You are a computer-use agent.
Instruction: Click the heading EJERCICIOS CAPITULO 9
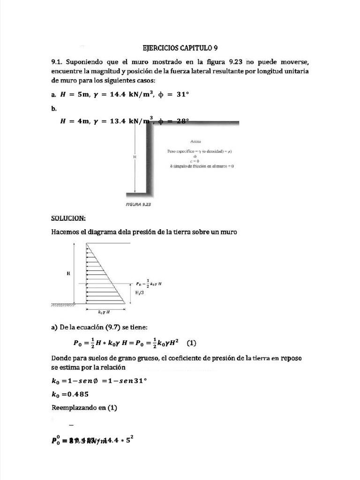pyautogui.click(x=180, y=48)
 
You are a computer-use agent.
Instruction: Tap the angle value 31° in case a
pyautogui.click(x=180, y=94)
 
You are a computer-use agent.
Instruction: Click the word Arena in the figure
pyautogui.click(x=196, y=141)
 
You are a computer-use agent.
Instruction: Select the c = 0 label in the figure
pyautogui.click(x=201, y=161)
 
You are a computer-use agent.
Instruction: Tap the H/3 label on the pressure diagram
pyautogui.click(x=140, y=292)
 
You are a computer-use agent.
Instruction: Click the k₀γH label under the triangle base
pyautogui.click(x=104, y=311)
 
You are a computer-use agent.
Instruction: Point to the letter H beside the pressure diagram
pyautogui.click(x=68, y=273)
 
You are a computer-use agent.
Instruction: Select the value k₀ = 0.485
pyautogui.click(x=70, y=394)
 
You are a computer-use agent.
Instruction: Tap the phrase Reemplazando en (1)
pyautogui.click(x=84, y=408)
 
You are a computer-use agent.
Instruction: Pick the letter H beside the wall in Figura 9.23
pyautogui.click(x=135, y=156)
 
